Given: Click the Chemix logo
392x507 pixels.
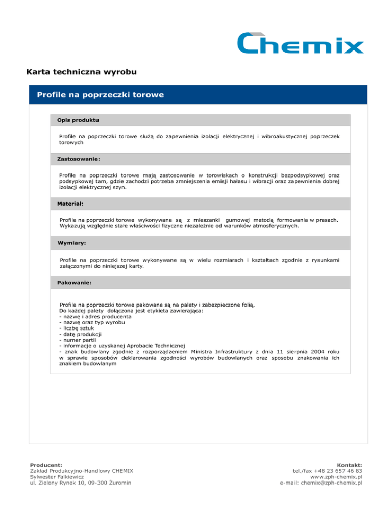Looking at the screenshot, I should tap(300, 43).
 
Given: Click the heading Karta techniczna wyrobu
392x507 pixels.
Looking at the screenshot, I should tap(81, 72).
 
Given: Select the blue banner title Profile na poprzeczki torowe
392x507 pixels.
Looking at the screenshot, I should tap(97, 95).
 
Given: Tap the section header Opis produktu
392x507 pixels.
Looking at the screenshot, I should tap(78, 120).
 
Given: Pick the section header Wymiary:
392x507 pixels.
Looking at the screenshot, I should tap(71, 243).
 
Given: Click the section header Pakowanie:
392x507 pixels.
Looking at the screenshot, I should tap(76, 282).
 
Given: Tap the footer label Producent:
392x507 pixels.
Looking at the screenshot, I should tap(46, 465).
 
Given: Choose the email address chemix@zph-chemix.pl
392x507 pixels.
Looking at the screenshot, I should tap(329, 483).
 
